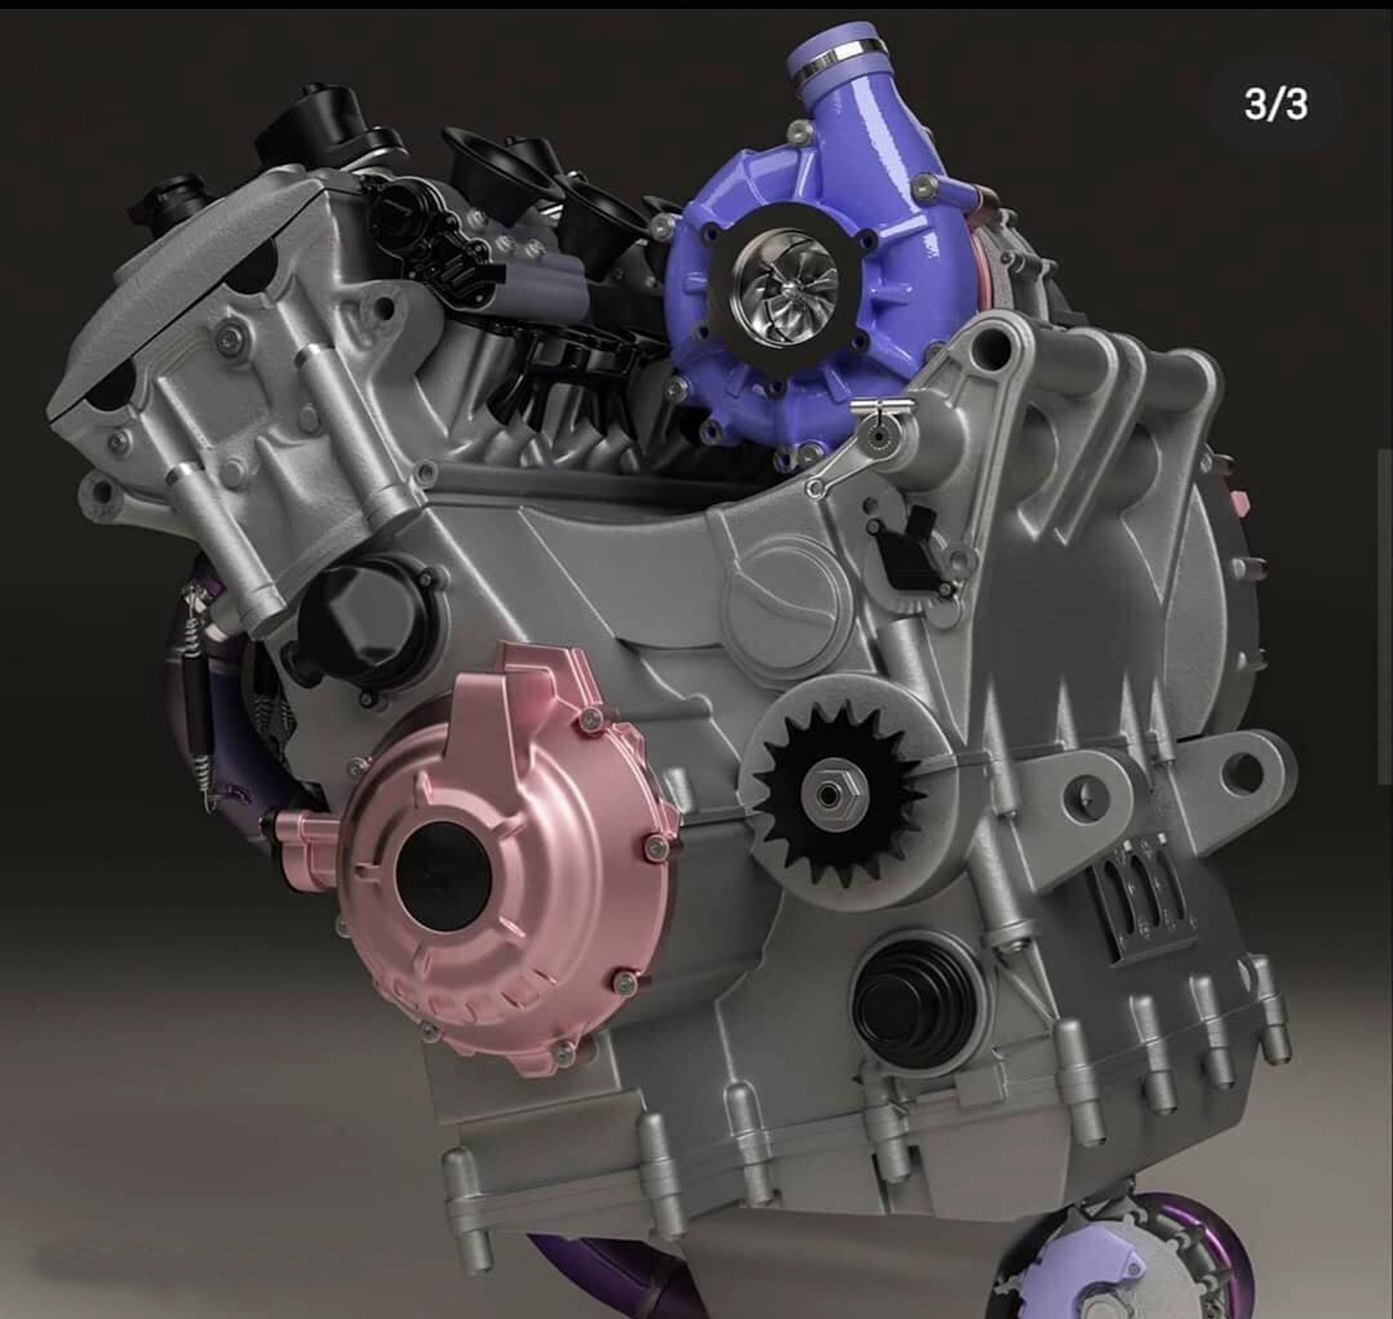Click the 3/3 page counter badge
pos(1275,105)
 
